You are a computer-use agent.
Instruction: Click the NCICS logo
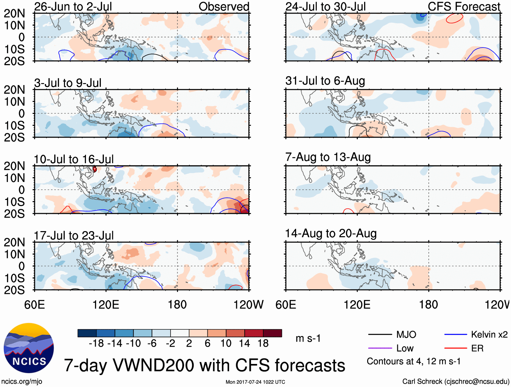coord(29,348)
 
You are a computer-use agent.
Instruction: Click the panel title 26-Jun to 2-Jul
coord(73,6)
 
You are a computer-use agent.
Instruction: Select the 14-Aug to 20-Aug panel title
coord(331,233)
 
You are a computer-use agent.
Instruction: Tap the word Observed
coord(224,6)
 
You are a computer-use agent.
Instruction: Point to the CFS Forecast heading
coord(464,6)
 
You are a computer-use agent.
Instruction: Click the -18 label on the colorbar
coord(96,344)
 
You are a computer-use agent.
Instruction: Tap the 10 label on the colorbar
coord(226,344)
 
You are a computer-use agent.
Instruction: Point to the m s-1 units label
coord(308,339)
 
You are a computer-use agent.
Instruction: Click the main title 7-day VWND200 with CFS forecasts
coord(204,366)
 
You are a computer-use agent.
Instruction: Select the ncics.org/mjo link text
coord(21,382)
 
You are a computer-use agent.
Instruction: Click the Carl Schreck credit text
coord(456,382)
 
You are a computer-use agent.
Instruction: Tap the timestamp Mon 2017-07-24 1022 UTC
coord(255,382)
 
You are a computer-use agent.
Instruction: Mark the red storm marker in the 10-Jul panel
coord(95,169)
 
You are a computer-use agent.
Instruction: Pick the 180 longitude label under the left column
coord(177,305)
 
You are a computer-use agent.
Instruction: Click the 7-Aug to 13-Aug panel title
coord(328,157)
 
